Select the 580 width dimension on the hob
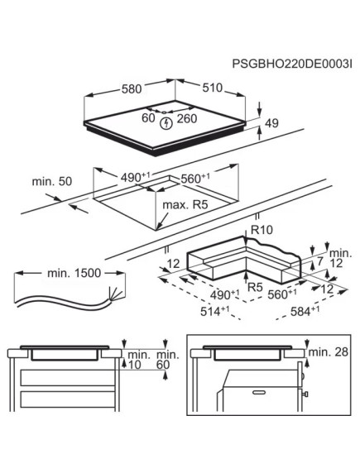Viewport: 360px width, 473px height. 128,86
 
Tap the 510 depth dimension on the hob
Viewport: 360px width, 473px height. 212,86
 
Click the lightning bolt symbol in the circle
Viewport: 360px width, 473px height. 168,123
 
